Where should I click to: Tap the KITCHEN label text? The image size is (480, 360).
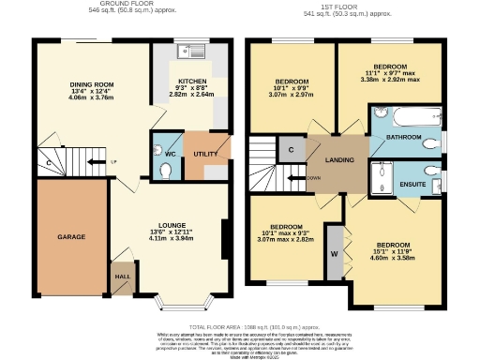click(191, 82)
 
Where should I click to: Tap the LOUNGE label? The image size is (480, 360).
click(171, 226)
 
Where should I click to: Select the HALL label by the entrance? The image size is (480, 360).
click(122, 277)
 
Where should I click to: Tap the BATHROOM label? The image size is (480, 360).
click(404, 137)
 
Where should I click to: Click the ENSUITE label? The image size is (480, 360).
click(412, 184)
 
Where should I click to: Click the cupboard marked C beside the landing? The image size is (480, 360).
click(291, 149)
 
